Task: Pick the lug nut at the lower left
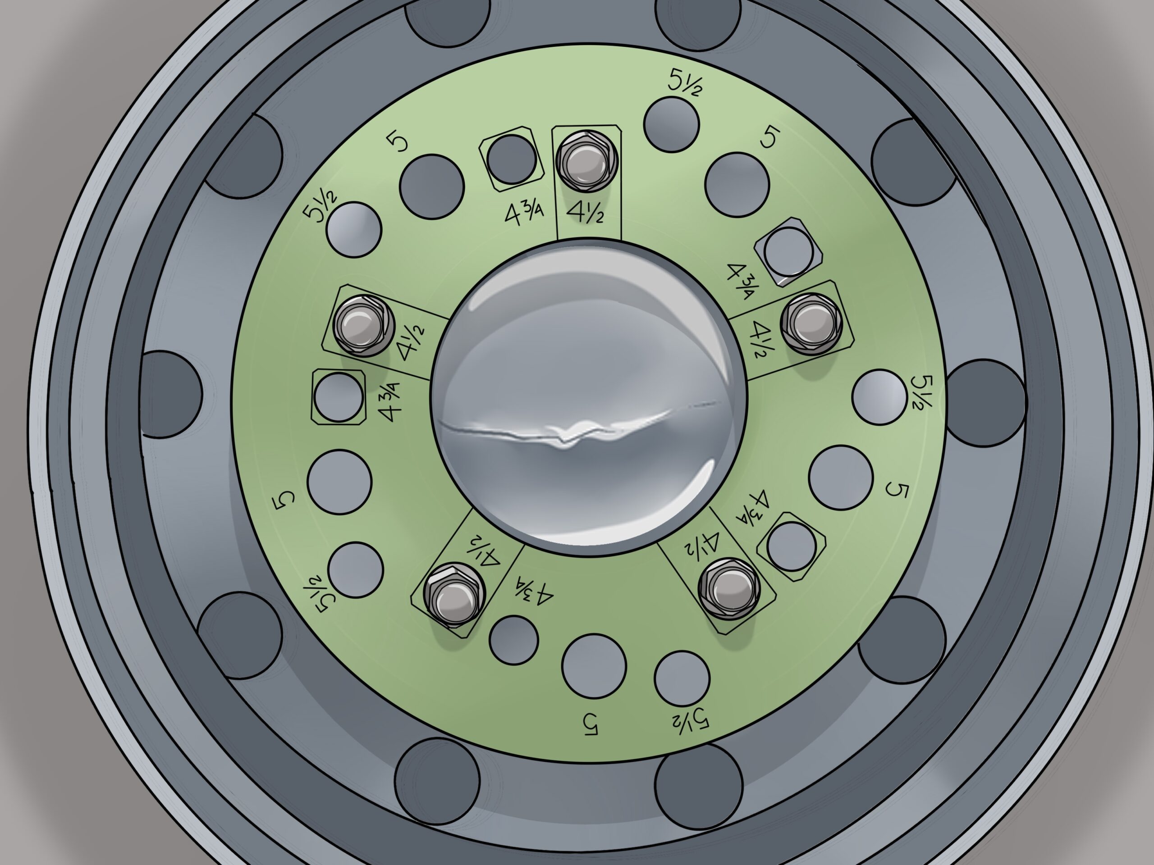[x=452, y=600]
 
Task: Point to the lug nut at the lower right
[x=727, y=590]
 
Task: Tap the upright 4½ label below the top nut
[x=586, y=213]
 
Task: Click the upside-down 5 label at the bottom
[x=590, y=725]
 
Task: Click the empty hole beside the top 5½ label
[x=671, y=125]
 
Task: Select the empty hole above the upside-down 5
[x=594, y=666]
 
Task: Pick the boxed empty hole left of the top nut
[x=511, y=159]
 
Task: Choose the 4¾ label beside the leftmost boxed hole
[x=390, y=401]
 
